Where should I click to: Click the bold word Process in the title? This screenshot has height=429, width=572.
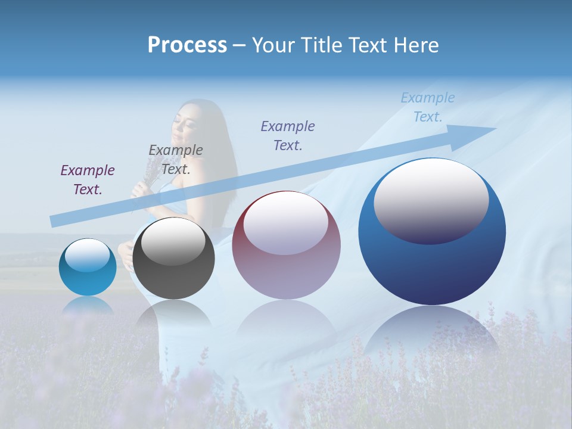click(x=187, y=45)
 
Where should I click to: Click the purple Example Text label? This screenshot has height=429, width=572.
click(x=88, y=179)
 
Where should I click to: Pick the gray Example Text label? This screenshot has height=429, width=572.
click(x=176, y=159)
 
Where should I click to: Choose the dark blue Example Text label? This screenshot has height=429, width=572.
click(x=288, y=135)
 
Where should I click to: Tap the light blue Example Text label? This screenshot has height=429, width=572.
click(x=428, y=107)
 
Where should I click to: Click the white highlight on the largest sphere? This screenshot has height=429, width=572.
click(x=431, y=200)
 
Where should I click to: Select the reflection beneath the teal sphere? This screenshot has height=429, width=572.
click(x=88, y=306)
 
